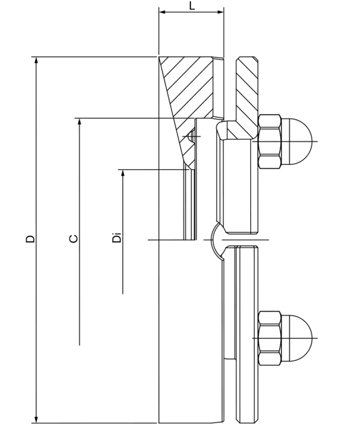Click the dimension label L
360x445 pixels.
click(192, 6)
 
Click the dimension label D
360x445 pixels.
click(31, 238)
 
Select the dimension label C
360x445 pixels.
click(73, 238)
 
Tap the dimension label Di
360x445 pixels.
click(116, 238)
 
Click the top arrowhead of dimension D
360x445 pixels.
click(36, 61)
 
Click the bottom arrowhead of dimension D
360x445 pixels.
click(36, 419)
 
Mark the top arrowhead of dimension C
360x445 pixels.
click(80, 122)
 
